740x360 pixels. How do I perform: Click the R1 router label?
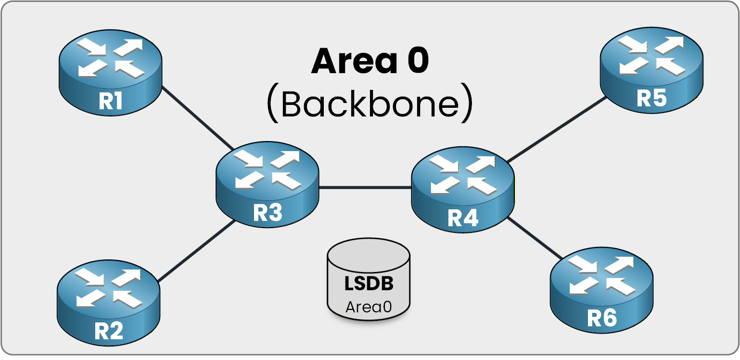[110, 101]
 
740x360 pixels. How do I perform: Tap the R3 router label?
[267, 213]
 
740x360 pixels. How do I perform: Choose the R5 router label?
[651, 98]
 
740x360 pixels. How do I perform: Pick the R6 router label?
[601, 318]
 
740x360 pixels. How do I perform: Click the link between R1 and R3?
[197, 118]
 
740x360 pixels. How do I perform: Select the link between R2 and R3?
[196, 251]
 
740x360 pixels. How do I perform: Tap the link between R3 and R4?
[365, 188]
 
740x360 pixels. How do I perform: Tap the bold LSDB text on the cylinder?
[369, 283]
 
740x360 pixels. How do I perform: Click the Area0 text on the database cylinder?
[369, 307]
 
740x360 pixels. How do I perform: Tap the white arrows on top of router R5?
[651, 54]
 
